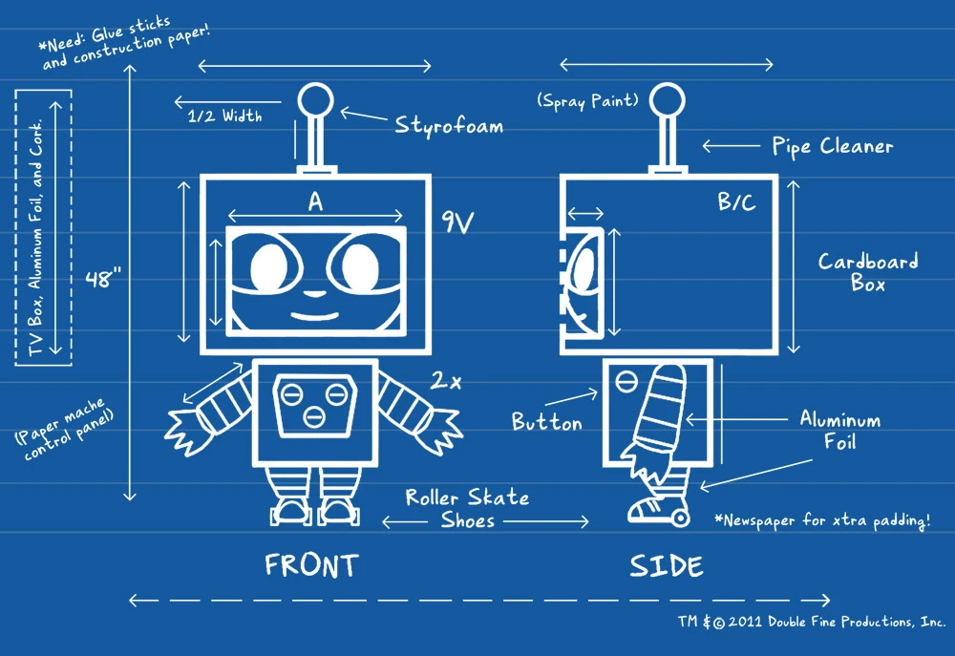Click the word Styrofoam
(x=449, y=125)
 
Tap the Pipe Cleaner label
(x=832, y=146)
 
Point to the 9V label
(x=459, y=222)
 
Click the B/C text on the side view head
(x=736, y=203)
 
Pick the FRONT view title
(x=310, y=565)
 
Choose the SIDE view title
(x=666, y=565)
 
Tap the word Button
(x=546, y=421)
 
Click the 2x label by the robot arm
(x=445, y=381)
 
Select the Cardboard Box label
(x=868, y=272)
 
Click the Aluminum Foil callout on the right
(x=840, y=431)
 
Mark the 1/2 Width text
(x=224, y=116)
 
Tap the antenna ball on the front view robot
(x=314, y=99)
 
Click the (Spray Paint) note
(x=587, y=100)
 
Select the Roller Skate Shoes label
(x=467, y=509)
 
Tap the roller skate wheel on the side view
(x=679, y=518)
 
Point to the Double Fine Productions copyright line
(x=812, y=622)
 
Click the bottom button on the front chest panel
(x=314, y=415)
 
